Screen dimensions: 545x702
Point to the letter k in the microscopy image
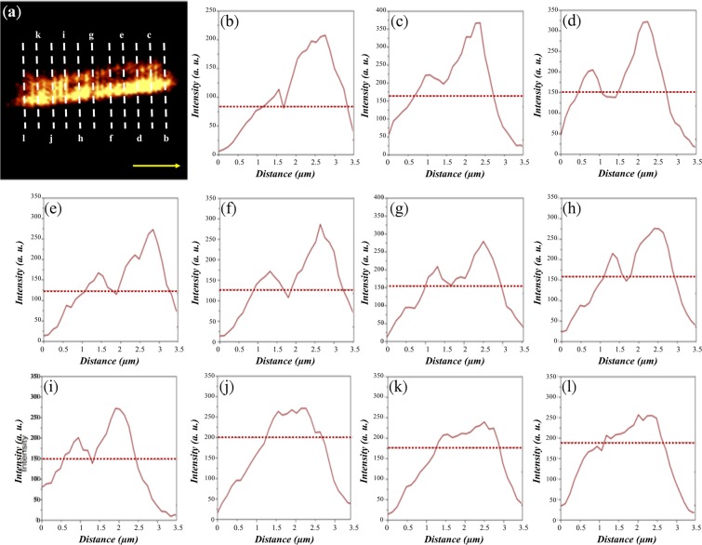pos(38,34)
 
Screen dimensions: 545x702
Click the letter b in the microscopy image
pos(166,139)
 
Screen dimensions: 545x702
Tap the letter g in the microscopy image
pos(91,34)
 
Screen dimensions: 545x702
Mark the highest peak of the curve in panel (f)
pos(321,224)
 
